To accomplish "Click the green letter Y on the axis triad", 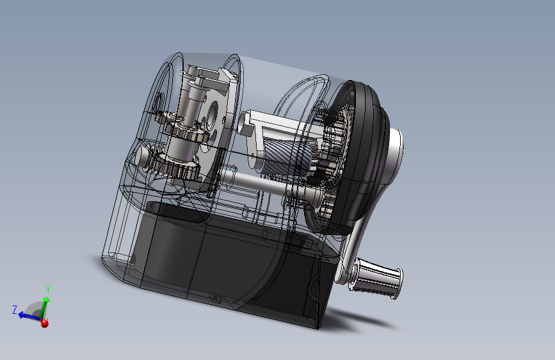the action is [48, 290].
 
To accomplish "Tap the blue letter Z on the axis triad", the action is [15, 309].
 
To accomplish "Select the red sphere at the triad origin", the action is [44, 323].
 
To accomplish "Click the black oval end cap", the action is [361, 156].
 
